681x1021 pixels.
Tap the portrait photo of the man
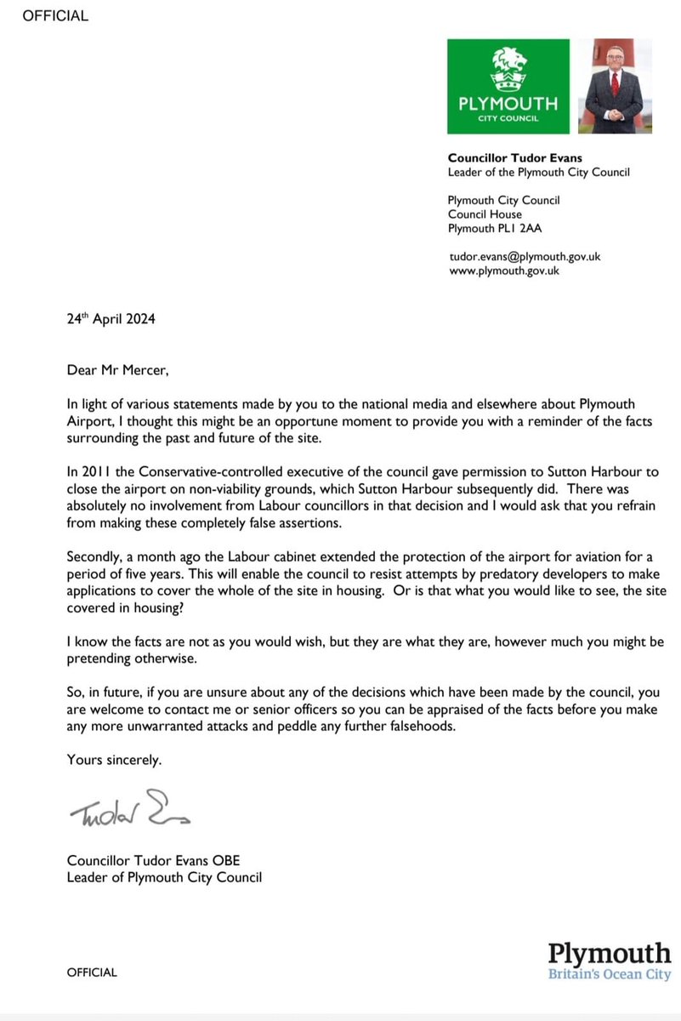coord(614,88)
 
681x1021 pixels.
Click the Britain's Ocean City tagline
coord(609,974)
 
